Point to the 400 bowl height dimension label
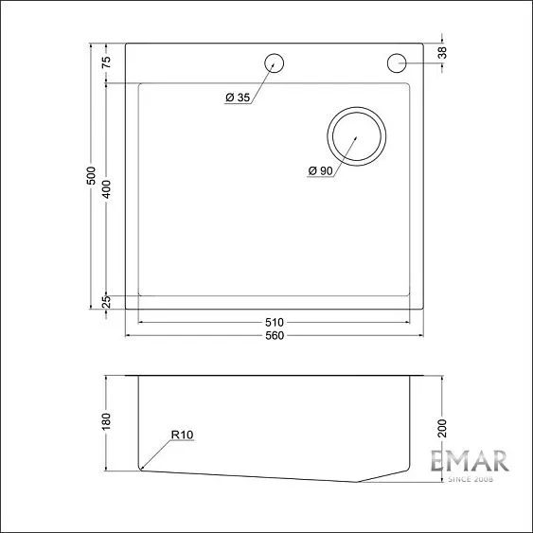[x=107, y=189]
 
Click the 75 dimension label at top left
[x=107, y=62]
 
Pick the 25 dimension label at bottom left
[x=107, y=301]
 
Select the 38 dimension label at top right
[x=442, y=53]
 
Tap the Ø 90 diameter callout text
[x=319, y=170]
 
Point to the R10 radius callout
[x=183, y=435]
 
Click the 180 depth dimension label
[x=107, y=419]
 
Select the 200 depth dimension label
[x=441, y=428]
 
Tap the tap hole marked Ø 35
[x=275, y=63]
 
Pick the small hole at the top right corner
[x=397, y=63]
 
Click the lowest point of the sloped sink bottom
[x=358, y=482]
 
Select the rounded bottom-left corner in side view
[x=141, y=467]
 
